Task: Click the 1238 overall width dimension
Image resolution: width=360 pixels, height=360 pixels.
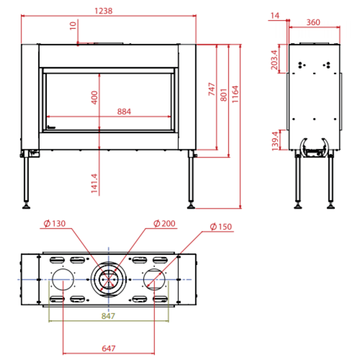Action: pyautogui.click(x=104, y=11)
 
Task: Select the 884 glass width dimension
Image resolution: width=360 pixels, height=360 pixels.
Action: pyautogui.click(x=124, y=112)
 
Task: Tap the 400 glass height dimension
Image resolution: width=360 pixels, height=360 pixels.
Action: pyautogui.click(x=94, y=97)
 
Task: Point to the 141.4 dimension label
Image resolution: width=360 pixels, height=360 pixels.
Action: pyautogui.click(x=94, y=183)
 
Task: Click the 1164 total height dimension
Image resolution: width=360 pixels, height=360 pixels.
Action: pyautogui.click(x=236, y=94)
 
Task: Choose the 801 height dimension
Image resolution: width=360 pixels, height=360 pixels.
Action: pyautogui.click(x=223, y=95)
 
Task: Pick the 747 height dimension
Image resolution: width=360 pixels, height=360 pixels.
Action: pyautogui.click(x=212, y=89)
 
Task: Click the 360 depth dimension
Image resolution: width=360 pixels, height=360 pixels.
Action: pyautogui.click(x=313, y=22)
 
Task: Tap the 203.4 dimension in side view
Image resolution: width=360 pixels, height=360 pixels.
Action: pyautogui.click(x=274, y=60)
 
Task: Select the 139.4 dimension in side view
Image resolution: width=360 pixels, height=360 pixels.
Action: pyautogui.click(x=275, y=141)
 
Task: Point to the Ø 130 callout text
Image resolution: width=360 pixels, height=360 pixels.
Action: pyautogui.click(x=55, y=223)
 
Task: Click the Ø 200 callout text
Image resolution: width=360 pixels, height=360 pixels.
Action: pyautogui.click(x=164, y=223)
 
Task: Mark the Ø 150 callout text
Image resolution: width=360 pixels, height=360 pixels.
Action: pyautogui.click(x=221, y=226)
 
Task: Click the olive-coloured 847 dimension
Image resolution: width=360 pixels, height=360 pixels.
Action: pyautogui.click(x=108, y=316)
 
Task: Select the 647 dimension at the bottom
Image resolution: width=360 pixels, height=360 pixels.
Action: pyautogui.click(x=109, y=348)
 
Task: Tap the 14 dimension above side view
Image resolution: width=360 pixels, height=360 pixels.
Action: pyautogui.click(x=275, y=16)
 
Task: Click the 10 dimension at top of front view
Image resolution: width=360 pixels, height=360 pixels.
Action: pyautogui.click(x=73, y=26)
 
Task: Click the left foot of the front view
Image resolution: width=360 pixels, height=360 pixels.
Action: pyautogui.click(x=26, y=206)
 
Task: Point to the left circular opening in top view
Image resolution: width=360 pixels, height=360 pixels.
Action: pyautogui.click(x=63, y=279)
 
